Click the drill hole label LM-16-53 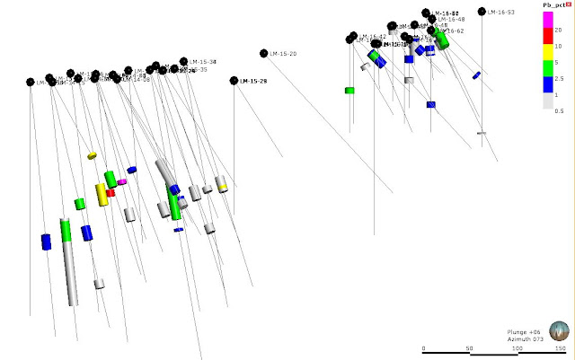pos(501,12)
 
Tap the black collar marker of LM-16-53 pos(482,12)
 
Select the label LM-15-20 pos(284,54)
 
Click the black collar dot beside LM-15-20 pos(264,53)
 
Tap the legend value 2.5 pos(559,79)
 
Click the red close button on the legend pos(570,5)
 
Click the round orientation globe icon pos(559,332)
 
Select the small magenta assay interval pos(122,181)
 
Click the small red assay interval pos(111,192)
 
